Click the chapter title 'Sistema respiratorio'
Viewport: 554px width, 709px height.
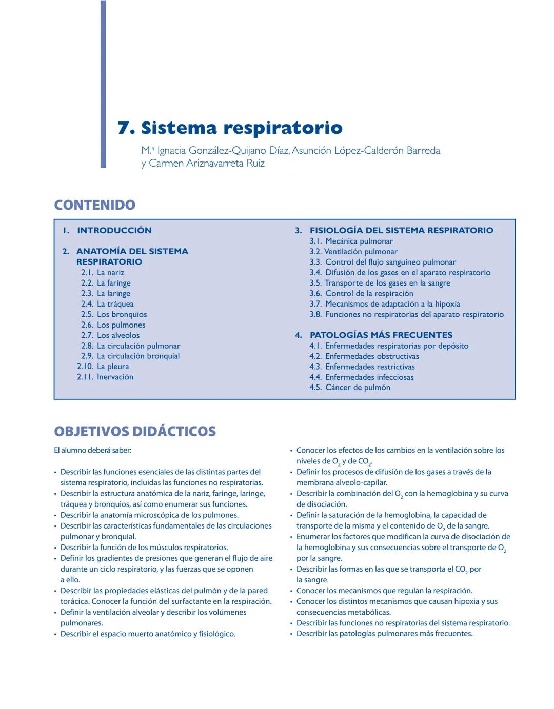coord(242,128)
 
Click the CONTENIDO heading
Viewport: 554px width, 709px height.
coord(95,205)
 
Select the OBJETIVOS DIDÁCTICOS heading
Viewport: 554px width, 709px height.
coord(135,431)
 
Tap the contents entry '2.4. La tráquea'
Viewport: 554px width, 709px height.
coord(107,304)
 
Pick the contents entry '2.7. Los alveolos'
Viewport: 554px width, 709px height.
coord(110,335)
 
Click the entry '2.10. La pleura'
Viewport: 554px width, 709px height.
coord(103,367)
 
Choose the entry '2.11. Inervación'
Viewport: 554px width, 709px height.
coord(105,377)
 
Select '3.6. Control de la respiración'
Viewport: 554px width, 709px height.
coord(361,293)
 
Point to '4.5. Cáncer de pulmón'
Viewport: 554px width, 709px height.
coord(350,388)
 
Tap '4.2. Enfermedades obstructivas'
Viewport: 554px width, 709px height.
coord(364,356)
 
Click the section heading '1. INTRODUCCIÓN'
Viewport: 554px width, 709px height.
coord(107,230)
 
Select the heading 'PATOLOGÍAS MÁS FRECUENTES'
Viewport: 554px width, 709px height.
coord(381,335)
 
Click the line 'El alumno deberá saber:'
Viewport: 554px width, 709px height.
coord(93,450)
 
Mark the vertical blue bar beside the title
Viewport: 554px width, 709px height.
coord(103,84)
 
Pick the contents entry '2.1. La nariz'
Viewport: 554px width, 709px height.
coord(103,273)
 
